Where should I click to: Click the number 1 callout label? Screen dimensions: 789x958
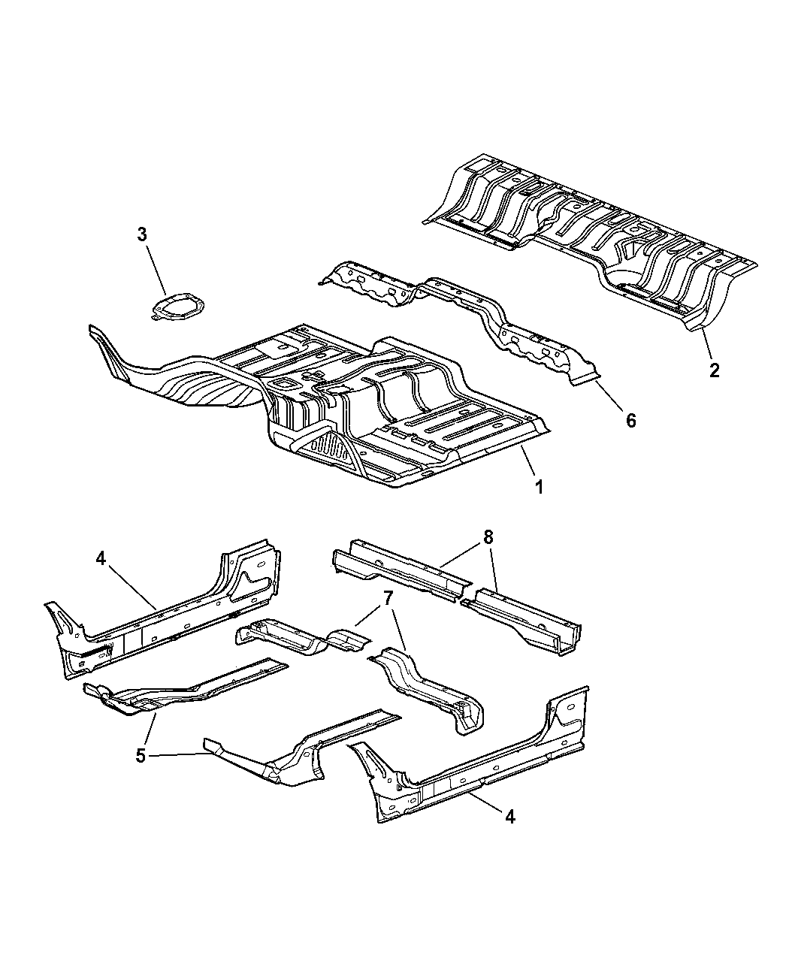point(540,487)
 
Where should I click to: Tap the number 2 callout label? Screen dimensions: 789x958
point(714,370)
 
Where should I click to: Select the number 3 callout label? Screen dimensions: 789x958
point(142,234)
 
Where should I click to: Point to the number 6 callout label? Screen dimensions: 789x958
point(631,420)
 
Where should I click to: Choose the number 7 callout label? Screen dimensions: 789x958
point(388,598)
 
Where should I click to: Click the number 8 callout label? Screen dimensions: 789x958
point(488,537)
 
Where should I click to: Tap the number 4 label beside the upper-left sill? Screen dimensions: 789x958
point(101,558)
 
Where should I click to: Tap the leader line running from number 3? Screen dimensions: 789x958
point(156,270)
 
